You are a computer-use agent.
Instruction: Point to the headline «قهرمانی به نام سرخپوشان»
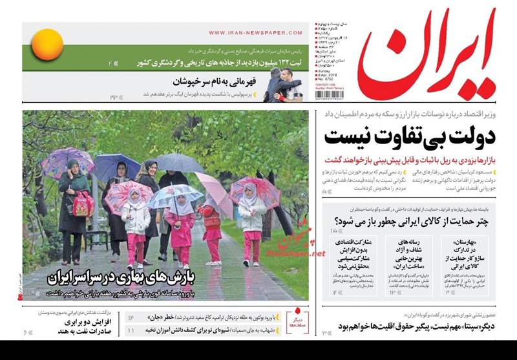pos(216,82)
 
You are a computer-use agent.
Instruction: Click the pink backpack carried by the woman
pos(83,204)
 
